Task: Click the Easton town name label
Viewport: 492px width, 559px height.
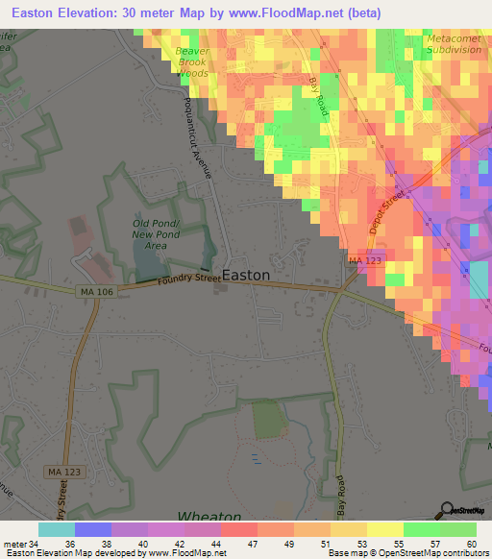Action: pyautogui.click(x=247, y=274)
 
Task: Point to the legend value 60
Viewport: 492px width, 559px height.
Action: pyautogui.click(x=471, y=542)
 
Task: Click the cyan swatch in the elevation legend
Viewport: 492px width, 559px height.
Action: pyautogui.click(x=57, y=529)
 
